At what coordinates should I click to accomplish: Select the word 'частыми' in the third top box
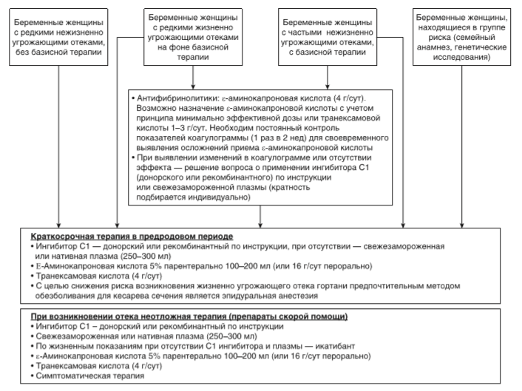313,33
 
